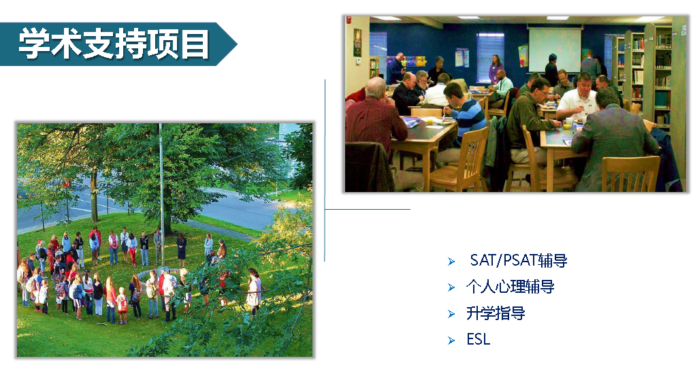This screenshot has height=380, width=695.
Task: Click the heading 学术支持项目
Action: click(x=114, y=44)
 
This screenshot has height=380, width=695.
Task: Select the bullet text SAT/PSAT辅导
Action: click(x=519, y=260)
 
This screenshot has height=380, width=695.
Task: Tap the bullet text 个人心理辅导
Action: click(x=510, y=287)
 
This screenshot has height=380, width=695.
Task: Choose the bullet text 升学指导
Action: click(x=496, y=313)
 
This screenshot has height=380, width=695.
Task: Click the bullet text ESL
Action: click(x=479, y=340)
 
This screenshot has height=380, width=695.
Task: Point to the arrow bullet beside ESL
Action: click(x=451, y=341)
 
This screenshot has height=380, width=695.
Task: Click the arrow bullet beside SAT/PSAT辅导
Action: click(x=451, y=262)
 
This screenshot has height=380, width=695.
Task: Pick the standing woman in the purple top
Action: click(x=496, y=69)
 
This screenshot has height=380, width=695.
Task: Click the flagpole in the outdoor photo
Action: click(x=161, y=195)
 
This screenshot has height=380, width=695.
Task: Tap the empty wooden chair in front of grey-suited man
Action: click(x=630, y=174)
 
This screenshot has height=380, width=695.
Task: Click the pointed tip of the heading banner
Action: click(x=237, y=44)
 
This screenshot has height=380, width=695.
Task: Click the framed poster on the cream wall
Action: click(x=357, y=43)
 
